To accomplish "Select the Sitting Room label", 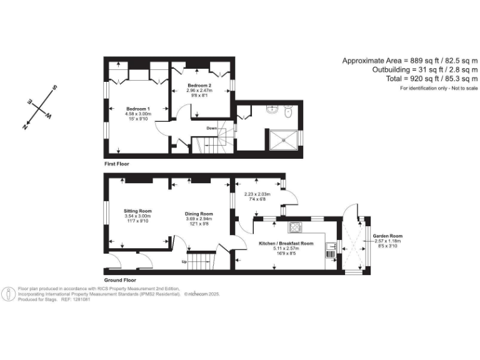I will pyautogui.click(x=137, y=211).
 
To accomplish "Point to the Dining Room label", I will pyautogui.click(x=199, y=213).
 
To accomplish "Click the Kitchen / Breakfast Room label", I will pyautogui.click(x=286, y=243).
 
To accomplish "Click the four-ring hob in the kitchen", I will pyautogui.click(x=296, y=227).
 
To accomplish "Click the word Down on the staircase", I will pyautogui.click(x=212, y=129).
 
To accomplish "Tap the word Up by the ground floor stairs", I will pyautogui.click(x=184, y=261).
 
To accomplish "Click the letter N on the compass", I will pyautogui.click(x=25, y=126).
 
